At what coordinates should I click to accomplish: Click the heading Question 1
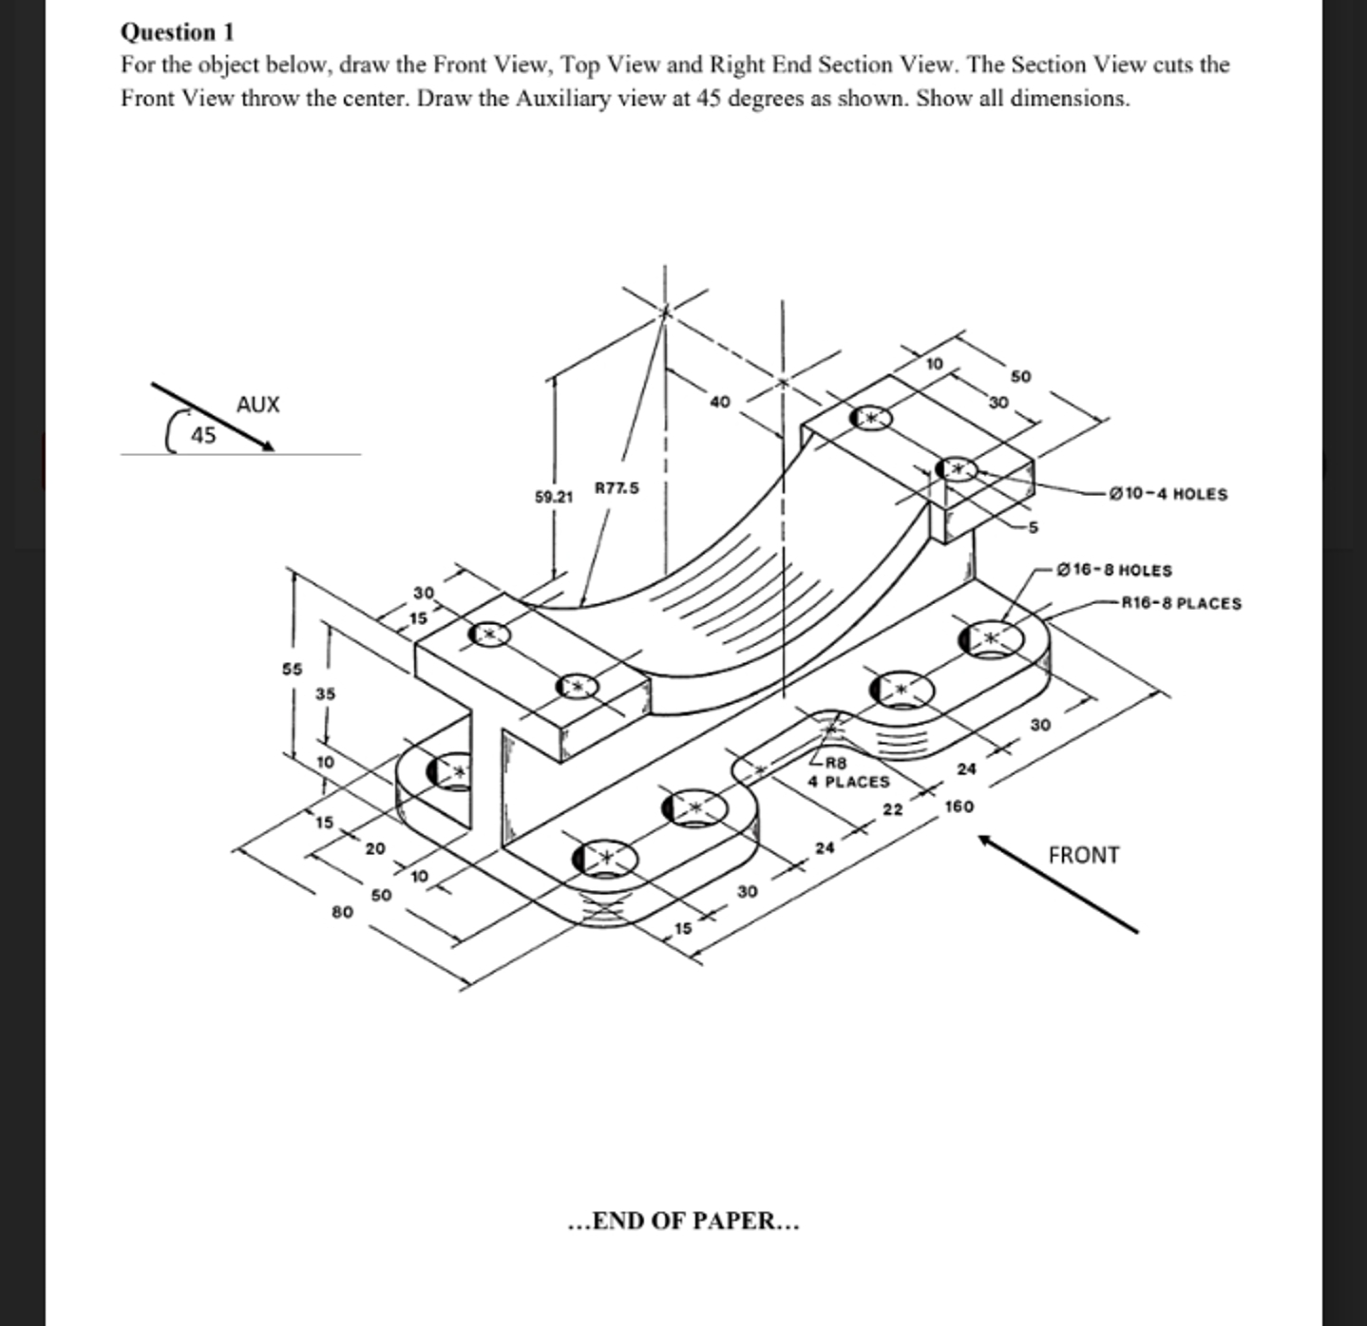(x=177, y=32)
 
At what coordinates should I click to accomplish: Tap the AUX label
(x=257, y=405)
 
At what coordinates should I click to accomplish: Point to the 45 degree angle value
(x=203, y=436)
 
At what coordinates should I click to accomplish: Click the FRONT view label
(x=1083, y=856)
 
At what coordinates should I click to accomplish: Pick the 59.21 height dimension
(x=554, y=497)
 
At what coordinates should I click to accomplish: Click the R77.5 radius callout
(x=617, y=488)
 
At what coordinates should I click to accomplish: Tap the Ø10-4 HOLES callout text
(x=1168, y=494)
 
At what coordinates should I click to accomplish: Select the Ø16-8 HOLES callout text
(x=1113, y=570)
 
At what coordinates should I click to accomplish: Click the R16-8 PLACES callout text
(x=1181, y=603)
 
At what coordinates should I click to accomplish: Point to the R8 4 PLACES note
(x=848, y=772)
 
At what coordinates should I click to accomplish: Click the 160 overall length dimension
(x=959, y=806)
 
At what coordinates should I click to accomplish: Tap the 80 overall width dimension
(x=342, y=912)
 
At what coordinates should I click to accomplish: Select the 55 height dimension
(x=292, y=669)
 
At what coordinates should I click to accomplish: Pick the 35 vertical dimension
(x=325, y=694)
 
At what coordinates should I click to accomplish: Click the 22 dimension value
(x=893, y=809)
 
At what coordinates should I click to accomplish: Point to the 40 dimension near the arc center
(x=719, y=402)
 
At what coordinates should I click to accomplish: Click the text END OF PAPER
(x=683, y=1221)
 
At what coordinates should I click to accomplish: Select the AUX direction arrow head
(x=267, y=445)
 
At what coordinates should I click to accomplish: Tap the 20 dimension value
(x=375, y=848)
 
